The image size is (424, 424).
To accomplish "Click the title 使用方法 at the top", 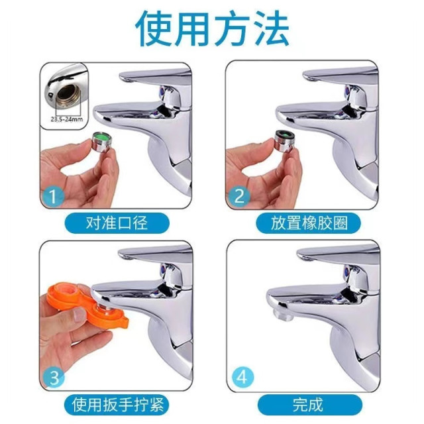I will coord(212,28).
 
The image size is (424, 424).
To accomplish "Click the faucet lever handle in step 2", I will coord(331,72).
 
